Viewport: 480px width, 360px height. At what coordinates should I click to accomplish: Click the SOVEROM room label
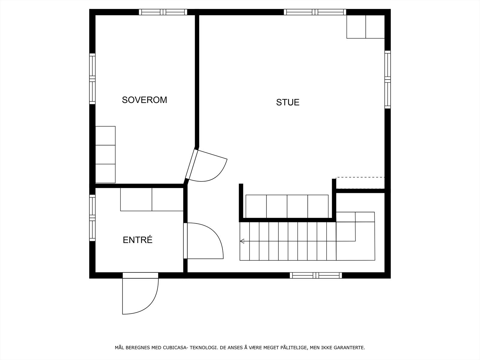tap(144, 100)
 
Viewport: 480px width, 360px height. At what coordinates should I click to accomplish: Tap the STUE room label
tap(288, 102)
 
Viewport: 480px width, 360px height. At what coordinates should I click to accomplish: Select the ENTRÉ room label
tap(138, 240)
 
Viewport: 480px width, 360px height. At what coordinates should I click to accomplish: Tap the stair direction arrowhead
tap(242, 241)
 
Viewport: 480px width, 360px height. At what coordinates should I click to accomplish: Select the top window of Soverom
tap(163, 12)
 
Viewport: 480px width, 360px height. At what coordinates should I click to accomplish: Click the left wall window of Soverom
tap(92, 79)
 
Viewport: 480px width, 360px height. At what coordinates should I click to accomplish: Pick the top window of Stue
tap(315, 12)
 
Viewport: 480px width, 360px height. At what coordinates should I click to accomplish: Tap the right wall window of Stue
tap(388, 79)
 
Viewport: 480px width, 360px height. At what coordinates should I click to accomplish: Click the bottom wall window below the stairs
tap(316, 275)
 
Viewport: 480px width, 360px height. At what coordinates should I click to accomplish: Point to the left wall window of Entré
tap(92, 217)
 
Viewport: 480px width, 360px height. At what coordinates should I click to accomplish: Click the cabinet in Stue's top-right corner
tap(365, 27)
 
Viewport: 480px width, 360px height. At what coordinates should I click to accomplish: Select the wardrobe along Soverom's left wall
tap(105, 154)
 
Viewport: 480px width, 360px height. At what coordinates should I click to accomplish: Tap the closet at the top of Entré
tap(152, 199)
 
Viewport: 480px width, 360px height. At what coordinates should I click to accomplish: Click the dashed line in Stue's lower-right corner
tap(360, 177)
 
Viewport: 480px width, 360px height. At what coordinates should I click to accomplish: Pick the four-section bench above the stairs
tap(287, 206)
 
